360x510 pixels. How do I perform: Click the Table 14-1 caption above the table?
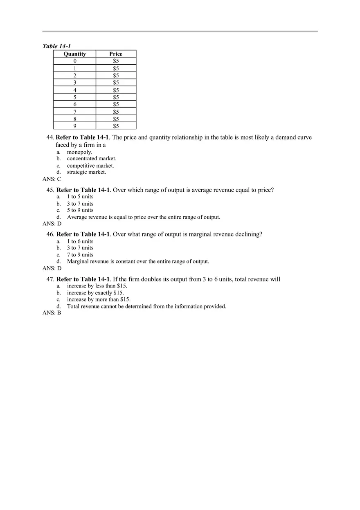pyautogui.click(x=56, y=46)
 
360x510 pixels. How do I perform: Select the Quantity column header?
pyautogui.click(x=75, y=54)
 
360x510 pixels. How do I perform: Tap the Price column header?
pyautogui.click(x=116, y=54)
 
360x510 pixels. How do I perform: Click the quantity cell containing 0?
pyautogui.click(x=75, y=61)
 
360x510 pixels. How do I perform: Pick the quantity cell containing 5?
pyautogui.click(x=75, y=97)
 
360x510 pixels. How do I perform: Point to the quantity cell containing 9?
pyautogui.click(x=75, y=126)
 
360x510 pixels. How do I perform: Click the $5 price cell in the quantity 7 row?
pyautogui.click(x=116, y=112)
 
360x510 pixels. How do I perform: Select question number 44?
pyautogui.click(x=50, y=137)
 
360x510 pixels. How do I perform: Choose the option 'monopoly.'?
pyautogui.click(x=79, y=152)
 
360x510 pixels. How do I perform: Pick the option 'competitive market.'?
pyautogui.click(x=90, y=166)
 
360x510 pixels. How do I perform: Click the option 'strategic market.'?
pyautogui.click(x=86, y=172)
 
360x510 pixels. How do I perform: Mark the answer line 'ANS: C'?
pyautogui.click(x=52, y=179)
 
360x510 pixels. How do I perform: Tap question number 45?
pyautogui.click(x=50, y=190)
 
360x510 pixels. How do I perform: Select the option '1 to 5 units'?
pyautogui.click(x=80, y=197)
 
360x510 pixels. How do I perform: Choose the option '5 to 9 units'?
pyautogui.click(x=80, y=210)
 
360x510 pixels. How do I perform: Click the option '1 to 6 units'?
pyautogui.click(x=80, y=241)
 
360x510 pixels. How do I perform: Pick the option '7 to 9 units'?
pyautogui.click(x=80, y=255)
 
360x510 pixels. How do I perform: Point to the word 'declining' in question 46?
pyautogui.click(x=248, y=234)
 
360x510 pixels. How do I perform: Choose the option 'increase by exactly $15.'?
pyautogui.click(x=95, y=293)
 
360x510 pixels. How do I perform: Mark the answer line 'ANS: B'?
pyautogui.click(x=52, y=313)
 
